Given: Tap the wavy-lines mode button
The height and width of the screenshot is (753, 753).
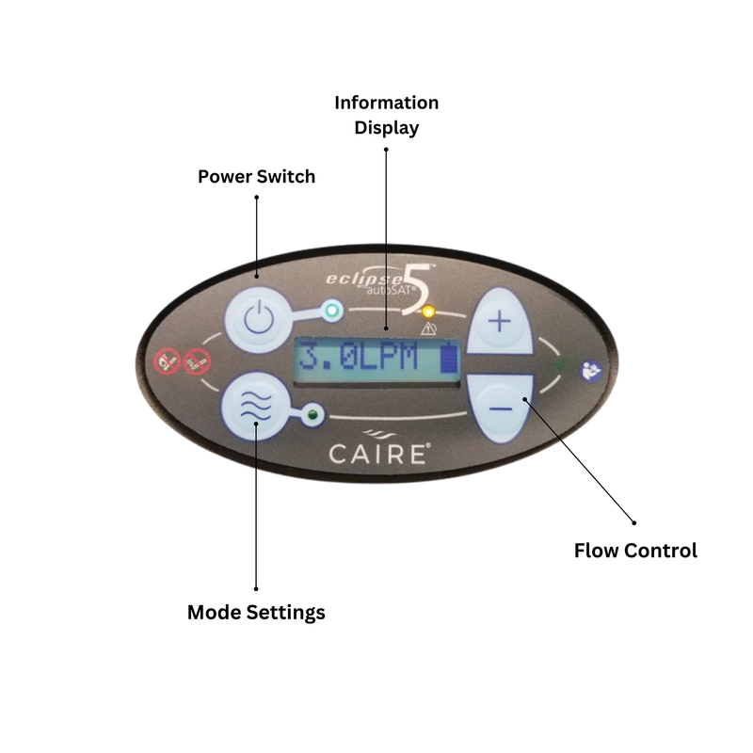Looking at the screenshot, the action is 256,407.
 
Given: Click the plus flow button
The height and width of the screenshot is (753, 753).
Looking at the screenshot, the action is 500,321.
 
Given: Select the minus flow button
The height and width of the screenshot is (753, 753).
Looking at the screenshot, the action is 501,409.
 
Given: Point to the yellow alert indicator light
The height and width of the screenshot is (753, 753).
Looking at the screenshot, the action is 428,312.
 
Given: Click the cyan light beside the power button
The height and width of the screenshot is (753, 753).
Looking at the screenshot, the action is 332,311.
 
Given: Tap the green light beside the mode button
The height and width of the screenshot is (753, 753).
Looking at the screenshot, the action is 312,414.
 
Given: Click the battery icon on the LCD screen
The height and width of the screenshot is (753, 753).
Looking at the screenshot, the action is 449,358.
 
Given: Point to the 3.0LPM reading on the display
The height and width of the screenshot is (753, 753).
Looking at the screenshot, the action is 359,358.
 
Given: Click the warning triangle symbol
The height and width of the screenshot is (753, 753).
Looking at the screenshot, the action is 428,328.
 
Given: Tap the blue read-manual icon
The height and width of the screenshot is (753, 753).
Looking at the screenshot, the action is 591,371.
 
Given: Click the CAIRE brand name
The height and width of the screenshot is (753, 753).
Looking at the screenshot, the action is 379,454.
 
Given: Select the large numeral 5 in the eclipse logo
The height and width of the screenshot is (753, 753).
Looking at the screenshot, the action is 418,290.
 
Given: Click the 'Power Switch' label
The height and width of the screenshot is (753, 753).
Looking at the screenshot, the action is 256,177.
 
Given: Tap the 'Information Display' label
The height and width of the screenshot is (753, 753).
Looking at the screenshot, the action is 387,115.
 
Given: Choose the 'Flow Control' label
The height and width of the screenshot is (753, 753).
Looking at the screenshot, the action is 636,551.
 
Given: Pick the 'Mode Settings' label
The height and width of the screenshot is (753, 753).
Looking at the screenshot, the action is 256,613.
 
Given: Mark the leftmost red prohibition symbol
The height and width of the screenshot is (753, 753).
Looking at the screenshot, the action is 168,361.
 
